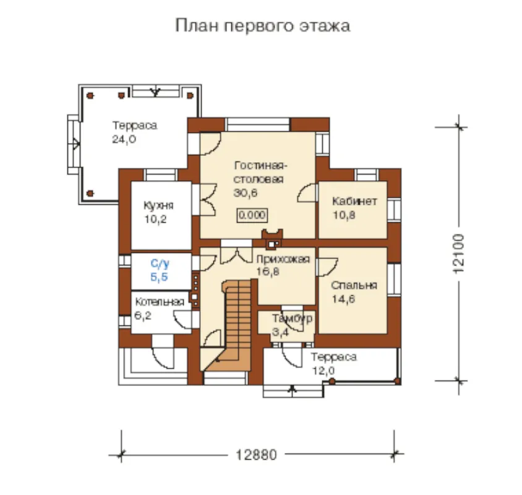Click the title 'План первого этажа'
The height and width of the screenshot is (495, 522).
pos(262,26)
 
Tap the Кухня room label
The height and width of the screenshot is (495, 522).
pos(159,205)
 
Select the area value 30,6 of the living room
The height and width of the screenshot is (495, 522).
pos(246,193)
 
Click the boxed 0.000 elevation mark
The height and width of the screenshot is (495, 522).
pos(252,215)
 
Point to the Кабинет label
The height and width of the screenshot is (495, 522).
pos(354,201)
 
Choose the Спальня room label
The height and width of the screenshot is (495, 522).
pos(354,285)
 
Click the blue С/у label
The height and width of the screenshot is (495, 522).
pos(160,264)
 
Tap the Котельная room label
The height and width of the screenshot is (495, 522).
pos(160,302)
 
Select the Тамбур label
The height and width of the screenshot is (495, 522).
pos(293,319)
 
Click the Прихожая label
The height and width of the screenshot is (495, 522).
pos(283,259)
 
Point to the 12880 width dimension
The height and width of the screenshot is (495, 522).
pos(256,455)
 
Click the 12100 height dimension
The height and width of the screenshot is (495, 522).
pos(459,254)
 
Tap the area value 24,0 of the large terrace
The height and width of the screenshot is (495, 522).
pos(124,139)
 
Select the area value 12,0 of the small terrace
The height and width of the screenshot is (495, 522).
pos(323,371)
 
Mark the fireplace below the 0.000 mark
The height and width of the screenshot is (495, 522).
pos(272,239)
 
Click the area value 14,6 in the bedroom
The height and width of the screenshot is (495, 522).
pos(343,299)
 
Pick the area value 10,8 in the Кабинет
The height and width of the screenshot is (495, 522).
pos(344,215)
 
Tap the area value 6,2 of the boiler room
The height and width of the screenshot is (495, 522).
pos(143,315)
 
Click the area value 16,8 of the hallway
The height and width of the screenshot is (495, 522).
pos(268,272)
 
